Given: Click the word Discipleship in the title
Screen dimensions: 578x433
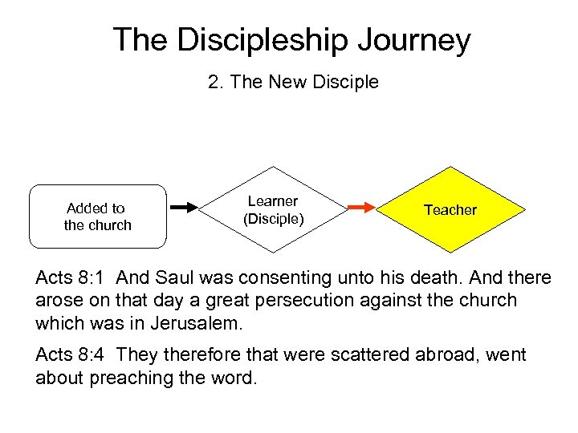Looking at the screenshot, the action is pyautogui.click(x=254, y=39).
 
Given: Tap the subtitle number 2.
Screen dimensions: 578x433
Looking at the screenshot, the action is pyautogui.click(x=214, y=82).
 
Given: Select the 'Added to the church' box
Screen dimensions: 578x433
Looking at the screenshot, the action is pyautogui.click(x=97, y=216).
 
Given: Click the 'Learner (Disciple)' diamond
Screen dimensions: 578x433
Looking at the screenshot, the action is pyautogui.click(x=273, y=210).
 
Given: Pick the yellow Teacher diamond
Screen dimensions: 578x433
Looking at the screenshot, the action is pyautogui.click(x=450, y=210).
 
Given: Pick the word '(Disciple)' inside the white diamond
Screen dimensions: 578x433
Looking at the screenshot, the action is pyautogui.click(x=273, y=219).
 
